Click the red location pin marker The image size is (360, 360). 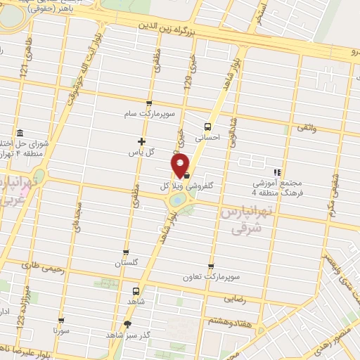181,165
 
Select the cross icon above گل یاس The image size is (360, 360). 142,141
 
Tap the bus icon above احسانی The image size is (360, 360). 207,127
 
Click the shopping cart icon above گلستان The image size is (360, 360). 126,252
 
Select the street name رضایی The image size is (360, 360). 235,298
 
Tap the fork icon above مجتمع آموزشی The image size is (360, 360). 277,171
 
